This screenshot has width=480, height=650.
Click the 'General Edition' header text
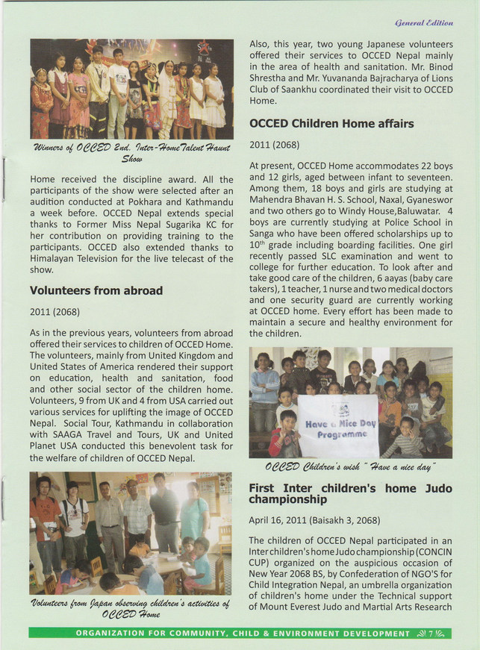(x=428, y=23)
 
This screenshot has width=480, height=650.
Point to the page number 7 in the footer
(x=431, y=634)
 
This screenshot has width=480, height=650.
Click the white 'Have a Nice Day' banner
(x=337, y=425)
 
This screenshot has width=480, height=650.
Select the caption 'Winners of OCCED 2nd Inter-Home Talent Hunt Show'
(x=131, y=152)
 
